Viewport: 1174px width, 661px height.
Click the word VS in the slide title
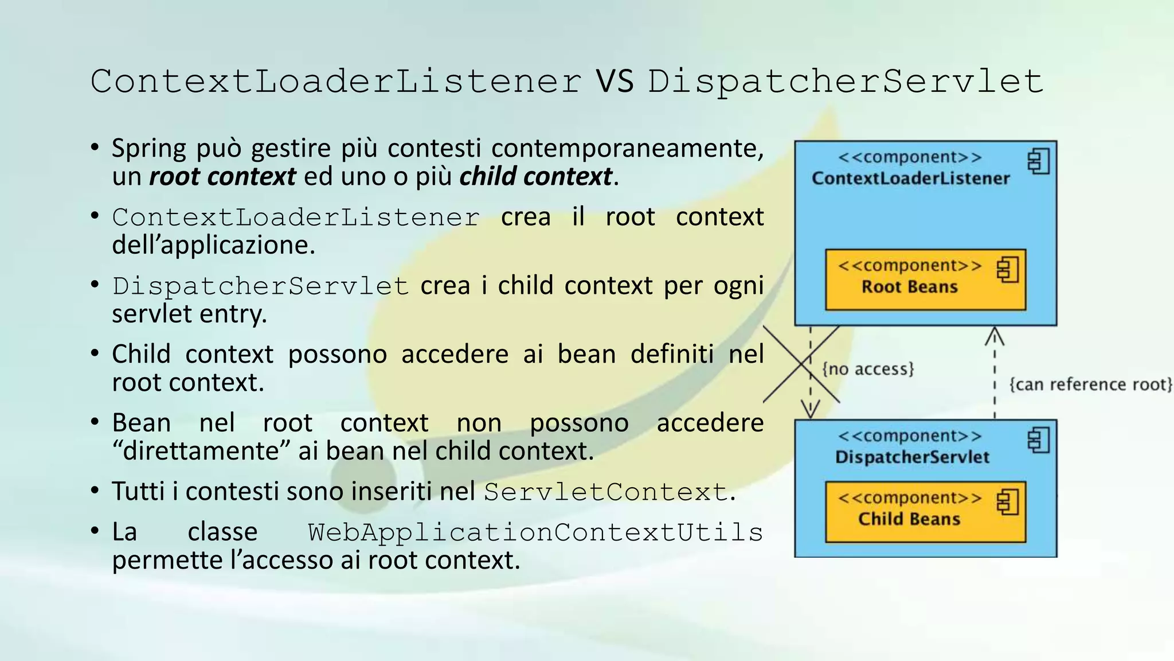click(615, 81)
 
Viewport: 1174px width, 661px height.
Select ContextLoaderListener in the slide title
click(336, 81)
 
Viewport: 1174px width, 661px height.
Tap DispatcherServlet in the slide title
click(846, 82)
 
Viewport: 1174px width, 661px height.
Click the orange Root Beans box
click(925, 280)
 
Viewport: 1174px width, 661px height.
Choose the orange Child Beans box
click(925, 512)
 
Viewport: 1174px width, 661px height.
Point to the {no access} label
click(868, 369)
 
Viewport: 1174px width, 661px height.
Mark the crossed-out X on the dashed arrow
click(801, 364)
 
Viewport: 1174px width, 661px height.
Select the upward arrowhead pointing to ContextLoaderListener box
click(995, 336)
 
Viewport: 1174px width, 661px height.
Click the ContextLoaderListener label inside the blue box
click(910, 178)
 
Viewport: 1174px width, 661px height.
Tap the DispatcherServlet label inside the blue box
click(912, 457)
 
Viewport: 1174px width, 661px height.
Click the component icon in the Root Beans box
click(1007, 270)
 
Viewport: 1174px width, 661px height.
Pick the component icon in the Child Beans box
click(1007, 502)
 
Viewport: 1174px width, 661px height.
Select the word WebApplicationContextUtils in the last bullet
click(535, 532)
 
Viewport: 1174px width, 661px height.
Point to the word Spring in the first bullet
click(149, 148)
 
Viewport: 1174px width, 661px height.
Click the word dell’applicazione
click(213, 245)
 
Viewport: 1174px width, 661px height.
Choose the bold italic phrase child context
click(535, 176)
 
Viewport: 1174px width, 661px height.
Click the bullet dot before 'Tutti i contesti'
click(95, 491)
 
